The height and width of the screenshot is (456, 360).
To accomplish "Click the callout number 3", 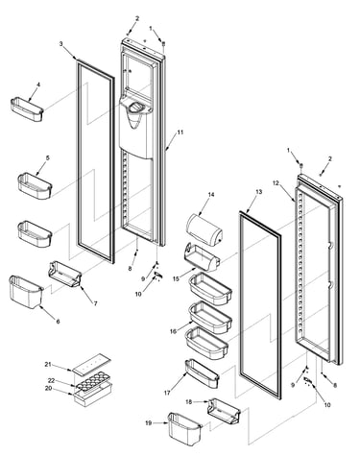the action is tap(60, 44).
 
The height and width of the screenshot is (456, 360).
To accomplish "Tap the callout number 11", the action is tap(180, 132).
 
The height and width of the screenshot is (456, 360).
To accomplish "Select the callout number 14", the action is tap(211, 195).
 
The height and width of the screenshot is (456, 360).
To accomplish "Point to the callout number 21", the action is tap(48, 364).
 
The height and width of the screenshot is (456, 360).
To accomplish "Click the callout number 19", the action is tap(148, 422).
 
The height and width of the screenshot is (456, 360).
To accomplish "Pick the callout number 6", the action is tap(58, 322).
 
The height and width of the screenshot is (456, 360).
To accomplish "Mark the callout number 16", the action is tap(173, 331).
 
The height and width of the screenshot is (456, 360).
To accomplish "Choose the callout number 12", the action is tap(276, 183).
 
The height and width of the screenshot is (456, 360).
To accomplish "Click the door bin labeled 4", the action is tap(27, 109).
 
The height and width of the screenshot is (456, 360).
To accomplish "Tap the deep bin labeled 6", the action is tap(26, 292).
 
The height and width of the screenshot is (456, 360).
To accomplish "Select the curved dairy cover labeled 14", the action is tap(204, 228).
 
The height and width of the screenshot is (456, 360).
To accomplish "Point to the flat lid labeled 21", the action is tap(91, 363).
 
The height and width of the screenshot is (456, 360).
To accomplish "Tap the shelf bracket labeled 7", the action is tap(64, 274).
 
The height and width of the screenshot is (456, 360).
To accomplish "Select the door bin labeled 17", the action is tap(202, 374).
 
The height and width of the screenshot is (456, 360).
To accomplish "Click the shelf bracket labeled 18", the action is tap(224, 412).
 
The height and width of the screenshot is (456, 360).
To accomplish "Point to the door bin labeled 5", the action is tap(35, 186).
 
